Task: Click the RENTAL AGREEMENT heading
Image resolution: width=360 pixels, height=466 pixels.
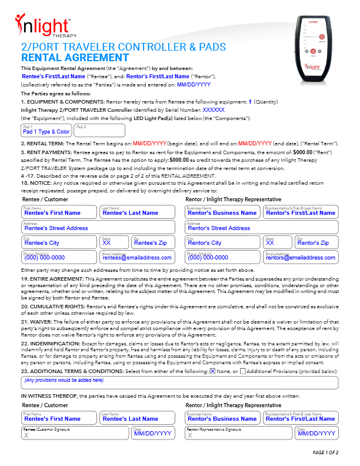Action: pos(75,58)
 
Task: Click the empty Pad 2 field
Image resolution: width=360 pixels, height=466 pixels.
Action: pos(91,130)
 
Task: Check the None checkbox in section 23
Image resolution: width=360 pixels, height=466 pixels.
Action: pos(212,370)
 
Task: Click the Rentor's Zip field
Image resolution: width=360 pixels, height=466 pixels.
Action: pos(316,241)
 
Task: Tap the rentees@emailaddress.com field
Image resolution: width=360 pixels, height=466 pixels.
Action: pos(138,257)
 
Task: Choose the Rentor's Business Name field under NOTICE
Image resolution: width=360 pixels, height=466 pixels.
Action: pos(222,211)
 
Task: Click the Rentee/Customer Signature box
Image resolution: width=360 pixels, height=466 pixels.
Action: pos(74,433)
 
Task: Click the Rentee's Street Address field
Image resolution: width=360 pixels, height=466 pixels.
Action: pos(98,227)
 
